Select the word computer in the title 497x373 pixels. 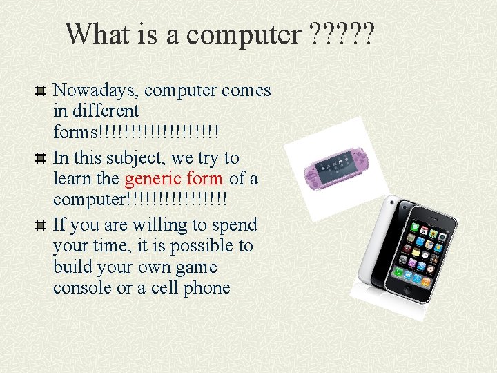click(x=242, y=35)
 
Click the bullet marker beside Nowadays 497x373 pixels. click(x=41, y=90)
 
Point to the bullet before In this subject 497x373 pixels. click(x=41, y=158)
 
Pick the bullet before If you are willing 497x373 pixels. click(x=41, y=226)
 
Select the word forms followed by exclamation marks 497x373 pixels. click(x=76, y=131)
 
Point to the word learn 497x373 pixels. click(x=72, y=179)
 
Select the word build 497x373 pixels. click(x=72, y=267)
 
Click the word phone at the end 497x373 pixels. click(x=206, y=288)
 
